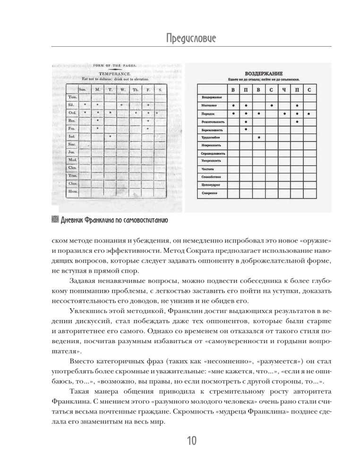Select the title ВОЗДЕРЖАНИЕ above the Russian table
pos(264,74)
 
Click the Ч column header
pos(283,90)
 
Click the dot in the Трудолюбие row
pos(258,137)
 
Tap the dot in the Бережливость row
pos(246,129)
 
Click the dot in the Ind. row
pos(110,136)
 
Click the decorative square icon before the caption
pos(53,219)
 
